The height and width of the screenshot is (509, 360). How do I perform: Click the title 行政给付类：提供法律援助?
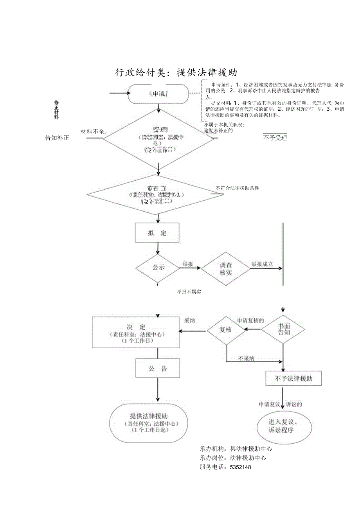click(x=176, y=72)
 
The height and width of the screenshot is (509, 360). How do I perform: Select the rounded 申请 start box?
click(x=158, y=94)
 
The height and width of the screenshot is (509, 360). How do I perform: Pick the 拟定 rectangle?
click(x=157, y=233)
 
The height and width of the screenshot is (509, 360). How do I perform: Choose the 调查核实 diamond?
click(x=226, y=268)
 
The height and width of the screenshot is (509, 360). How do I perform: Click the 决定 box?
click(x=136, y=332)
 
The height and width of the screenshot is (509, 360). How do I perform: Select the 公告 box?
click(x=158, y=369)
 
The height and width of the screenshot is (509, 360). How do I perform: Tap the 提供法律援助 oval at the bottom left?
click(x=149, y=423)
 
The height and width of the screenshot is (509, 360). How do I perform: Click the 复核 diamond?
click(x=226, y=330)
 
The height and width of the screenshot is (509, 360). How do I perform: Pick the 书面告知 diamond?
click(x=284, y=329)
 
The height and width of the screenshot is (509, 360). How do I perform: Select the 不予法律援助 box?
click(x=293, y=378)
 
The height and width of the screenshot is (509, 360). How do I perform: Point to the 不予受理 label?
click(x=275, y=138)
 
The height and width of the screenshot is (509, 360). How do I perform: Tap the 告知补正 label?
click(x=57, y=138)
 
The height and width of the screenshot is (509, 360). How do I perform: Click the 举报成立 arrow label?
click(x=262, y=264)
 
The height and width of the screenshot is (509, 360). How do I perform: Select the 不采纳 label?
click(x=247, y=358)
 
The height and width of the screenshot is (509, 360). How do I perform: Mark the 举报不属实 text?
click(x=189, y=292)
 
